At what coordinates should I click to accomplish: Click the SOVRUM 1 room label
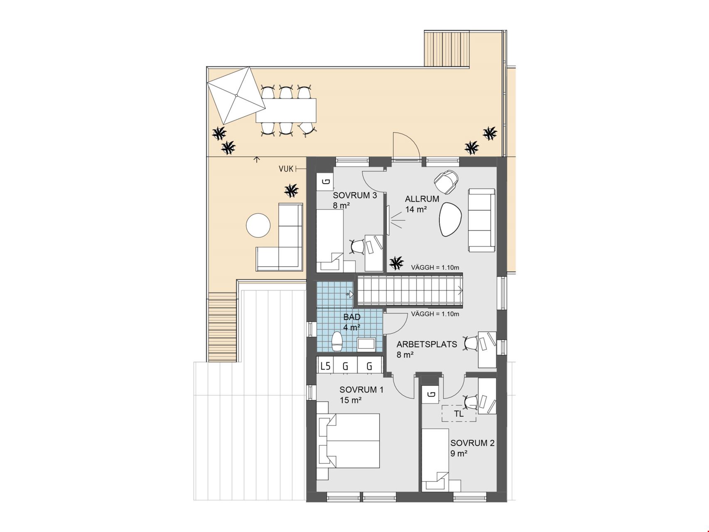click(361, 390)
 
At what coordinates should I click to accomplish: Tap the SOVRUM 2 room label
click(472, 443)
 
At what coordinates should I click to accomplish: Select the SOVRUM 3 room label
click(355, 195)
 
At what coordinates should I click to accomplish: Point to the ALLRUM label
click(422, 199)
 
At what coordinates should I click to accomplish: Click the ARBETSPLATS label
click(427, 344)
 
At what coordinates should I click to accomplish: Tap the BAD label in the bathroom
click(352, 317)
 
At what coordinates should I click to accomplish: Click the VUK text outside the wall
click(286, 169)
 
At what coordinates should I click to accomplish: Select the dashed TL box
click(459, 414)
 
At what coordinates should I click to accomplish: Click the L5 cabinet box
click(326, 366)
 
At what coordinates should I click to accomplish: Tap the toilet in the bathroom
click(336, 341)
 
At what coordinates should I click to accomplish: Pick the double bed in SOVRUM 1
click(349, 441)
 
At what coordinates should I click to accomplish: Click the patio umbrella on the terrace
click(236, 96)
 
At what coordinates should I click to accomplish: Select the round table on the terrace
click(258, 225)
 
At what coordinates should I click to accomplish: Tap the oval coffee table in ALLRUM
click(449, 219)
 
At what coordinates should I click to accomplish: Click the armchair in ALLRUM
click(446, 182)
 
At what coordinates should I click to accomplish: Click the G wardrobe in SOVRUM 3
click(326, 182)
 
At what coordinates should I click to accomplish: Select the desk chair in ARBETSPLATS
click(471, 343)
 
